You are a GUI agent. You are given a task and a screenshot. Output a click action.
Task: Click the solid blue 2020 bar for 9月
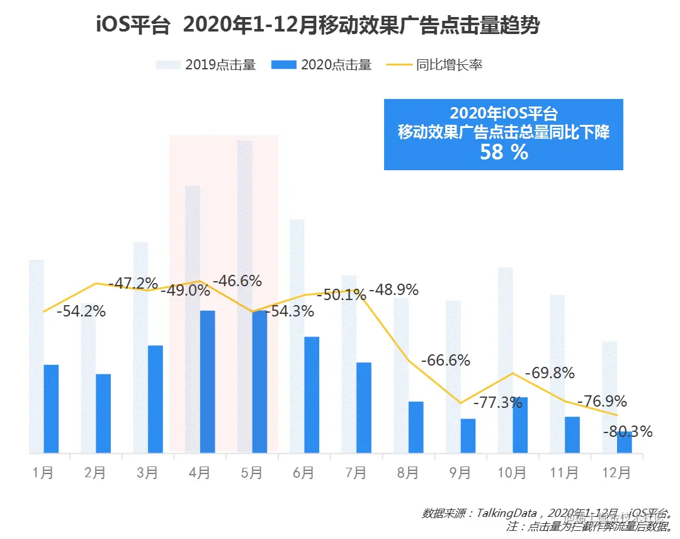[468, 436]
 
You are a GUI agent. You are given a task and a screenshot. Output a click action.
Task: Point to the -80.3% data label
[628, 432]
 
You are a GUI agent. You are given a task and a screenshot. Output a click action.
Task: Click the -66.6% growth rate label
[446, 361]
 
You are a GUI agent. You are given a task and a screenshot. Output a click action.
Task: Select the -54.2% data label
[81, 311]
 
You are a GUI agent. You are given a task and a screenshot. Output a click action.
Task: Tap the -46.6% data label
[237, 281]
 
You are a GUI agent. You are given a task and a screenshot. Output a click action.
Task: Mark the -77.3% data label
[497, 402]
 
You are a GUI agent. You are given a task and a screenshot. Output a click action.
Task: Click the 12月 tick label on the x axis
[616, 473]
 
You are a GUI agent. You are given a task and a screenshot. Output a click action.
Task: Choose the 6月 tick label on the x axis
[303, 473]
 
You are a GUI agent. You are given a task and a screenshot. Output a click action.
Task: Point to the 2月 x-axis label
[95, 473]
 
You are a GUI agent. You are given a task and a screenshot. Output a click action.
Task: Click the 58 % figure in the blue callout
[504, 152]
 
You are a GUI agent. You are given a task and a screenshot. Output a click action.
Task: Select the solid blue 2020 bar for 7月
[363, 407]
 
